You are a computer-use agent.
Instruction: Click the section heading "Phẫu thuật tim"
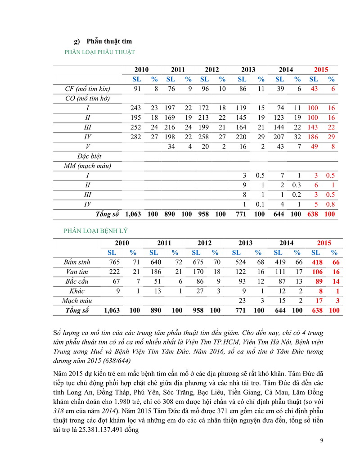tap(109, 41)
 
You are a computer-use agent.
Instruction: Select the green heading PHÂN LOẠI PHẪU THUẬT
tap(100, 52)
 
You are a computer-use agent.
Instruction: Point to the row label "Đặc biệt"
tap(88, 156)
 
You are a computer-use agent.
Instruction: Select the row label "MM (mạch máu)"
tap(88, 166)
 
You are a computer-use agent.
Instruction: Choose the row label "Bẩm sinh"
tap(77, 262)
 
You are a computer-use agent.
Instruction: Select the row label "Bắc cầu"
tap(77, 281)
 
